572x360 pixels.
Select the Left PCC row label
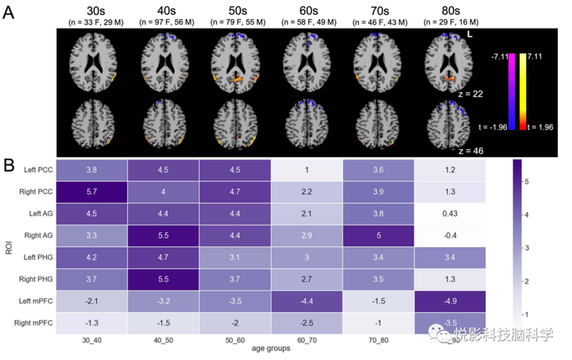click(36, 169)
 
